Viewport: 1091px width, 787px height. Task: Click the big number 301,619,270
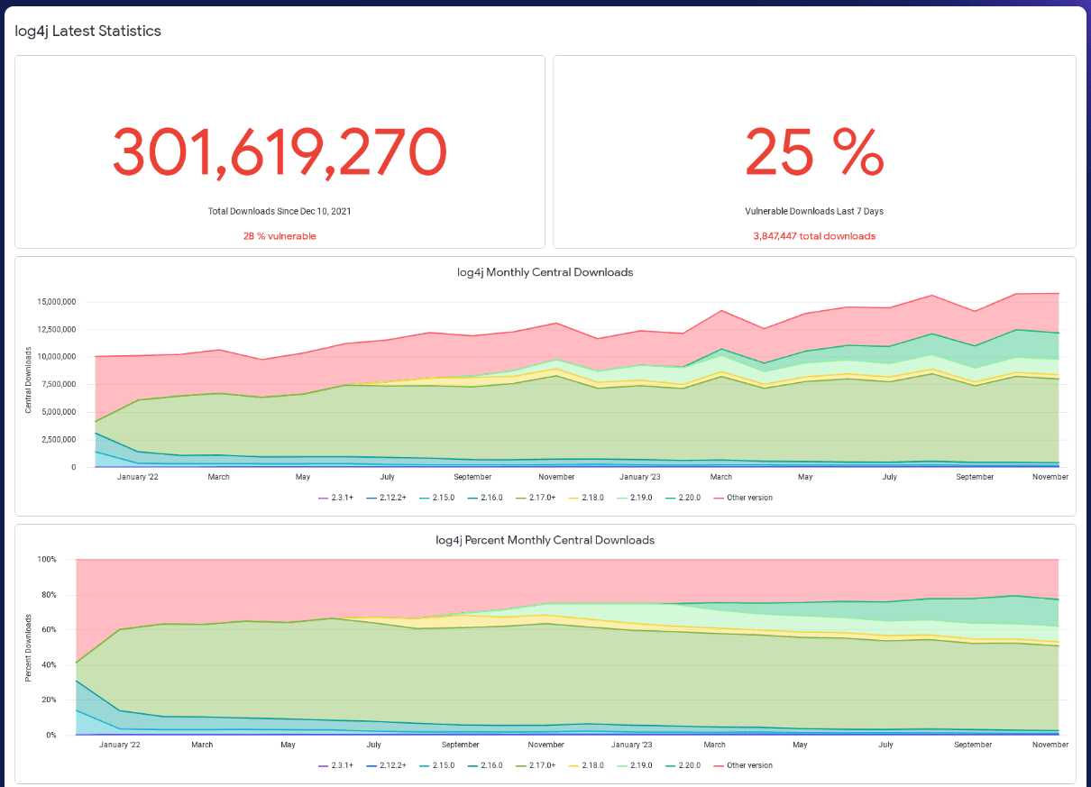[x=280, y=151]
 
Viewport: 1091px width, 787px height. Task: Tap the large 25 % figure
[x=814, y=151]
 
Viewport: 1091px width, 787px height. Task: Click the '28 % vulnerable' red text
[x=280, y=236]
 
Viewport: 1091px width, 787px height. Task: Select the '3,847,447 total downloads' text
[x=814, y=236]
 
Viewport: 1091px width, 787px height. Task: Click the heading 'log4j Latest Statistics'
[x=88, y=31]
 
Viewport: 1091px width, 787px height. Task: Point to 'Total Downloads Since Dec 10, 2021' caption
[x=280, y=211]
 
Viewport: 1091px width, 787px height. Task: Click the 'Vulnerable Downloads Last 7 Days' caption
[x=814, y=211]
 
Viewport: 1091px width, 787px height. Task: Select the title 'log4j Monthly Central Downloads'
[x=545, y=272]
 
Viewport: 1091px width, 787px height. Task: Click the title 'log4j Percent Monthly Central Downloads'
[x=545, y=540]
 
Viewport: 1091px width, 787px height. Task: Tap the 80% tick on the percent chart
[x=48, y=595]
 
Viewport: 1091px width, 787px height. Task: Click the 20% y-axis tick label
[x=48, y=700]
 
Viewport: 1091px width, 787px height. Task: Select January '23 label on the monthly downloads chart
[x=640, y=477]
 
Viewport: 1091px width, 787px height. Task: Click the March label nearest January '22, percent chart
[x=202, y=745]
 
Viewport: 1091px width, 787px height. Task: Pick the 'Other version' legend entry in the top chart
[x=748, y=498]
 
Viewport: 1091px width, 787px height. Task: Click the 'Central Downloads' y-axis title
[x=29, y=380]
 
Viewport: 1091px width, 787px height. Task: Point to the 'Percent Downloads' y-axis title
[x=29, y=647]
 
